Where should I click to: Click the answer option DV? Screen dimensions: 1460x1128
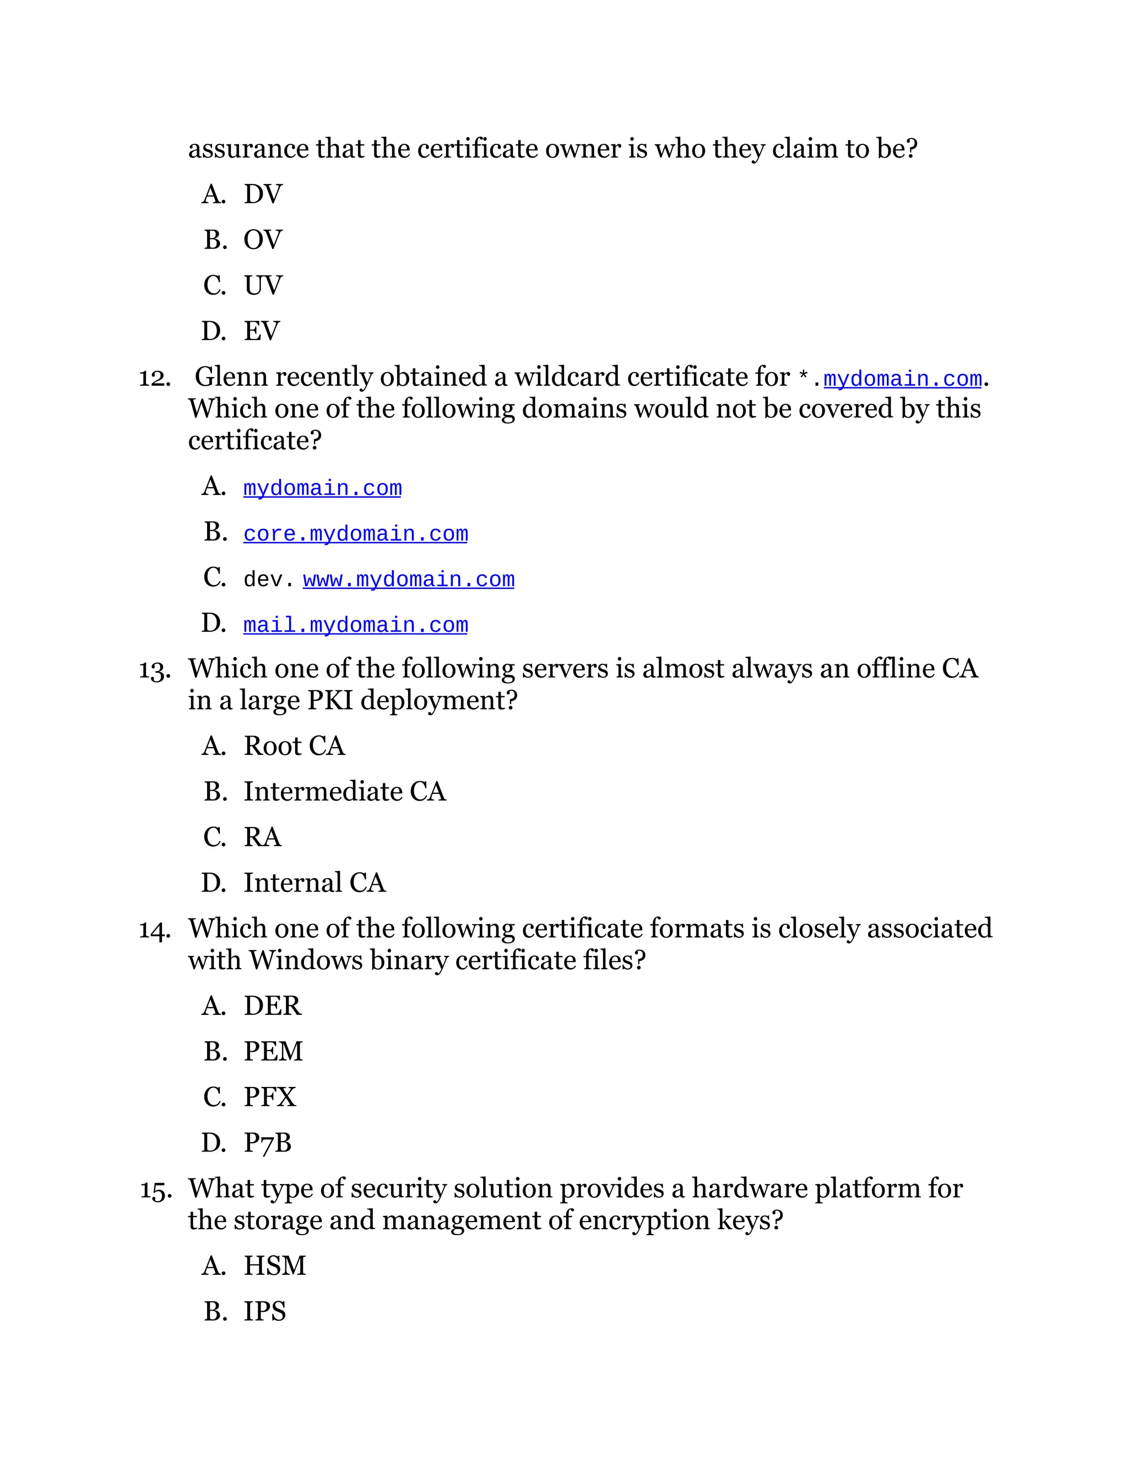[263, 194]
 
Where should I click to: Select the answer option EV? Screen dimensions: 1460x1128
[261, 332]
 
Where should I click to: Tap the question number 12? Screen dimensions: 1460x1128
[154, 378]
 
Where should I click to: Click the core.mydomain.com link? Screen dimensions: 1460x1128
[355, 534]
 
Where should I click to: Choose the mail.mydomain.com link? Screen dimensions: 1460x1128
[355, 625]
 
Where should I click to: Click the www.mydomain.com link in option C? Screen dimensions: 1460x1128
[408, 580]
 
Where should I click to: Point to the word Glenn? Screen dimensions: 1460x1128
[231, 377]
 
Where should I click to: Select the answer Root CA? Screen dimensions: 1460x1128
[294, 746]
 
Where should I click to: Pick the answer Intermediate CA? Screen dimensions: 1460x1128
[344, 792]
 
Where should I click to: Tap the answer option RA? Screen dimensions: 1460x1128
[263, 837]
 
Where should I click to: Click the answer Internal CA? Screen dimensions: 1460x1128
[314, 883]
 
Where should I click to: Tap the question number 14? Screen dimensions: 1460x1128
[154, 931]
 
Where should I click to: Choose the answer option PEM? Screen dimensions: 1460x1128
[273, 1052]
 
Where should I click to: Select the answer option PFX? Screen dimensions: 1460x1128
[269, 1097]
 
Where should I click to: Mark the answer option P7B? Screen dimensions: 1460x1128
[267, 1143]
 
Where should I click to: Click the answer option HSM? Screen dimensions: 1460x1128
[275, 1266]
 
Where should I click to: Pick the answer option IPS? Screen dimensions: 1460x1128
[264, 1312]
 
